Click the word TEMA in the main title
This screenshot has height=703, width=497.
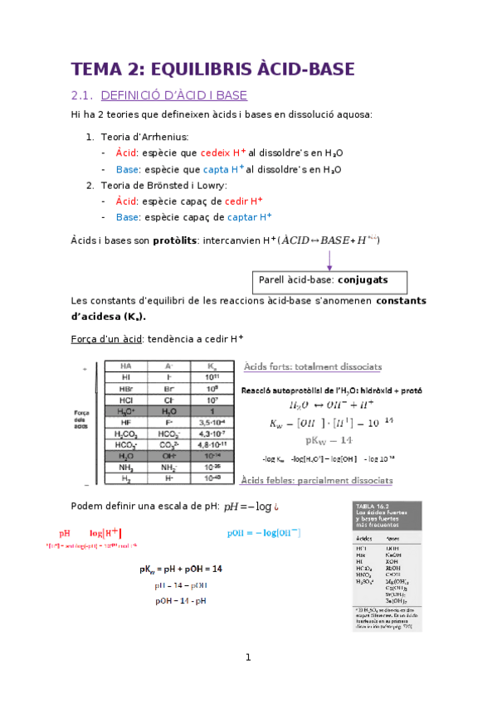[x=95, y=69]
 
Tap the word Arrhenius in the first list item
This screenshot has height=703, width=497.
[x=167, y=136]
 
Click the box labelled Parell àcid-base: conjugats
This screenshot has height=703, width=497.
[x=329, y=280]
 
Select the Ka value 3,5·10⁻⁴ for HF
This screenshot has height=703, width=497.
[x=213, y=421]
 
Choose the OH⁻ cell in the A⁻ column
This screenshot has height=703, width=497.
[x=169, y=455]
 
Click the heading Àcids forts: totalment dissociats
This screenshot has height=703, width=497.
[x=311, y=366]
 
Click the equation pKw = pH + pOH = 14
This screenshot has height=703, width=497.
[x=181, y=570]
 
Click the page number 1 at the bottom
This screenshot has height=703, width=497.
[x=247, y=657]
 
